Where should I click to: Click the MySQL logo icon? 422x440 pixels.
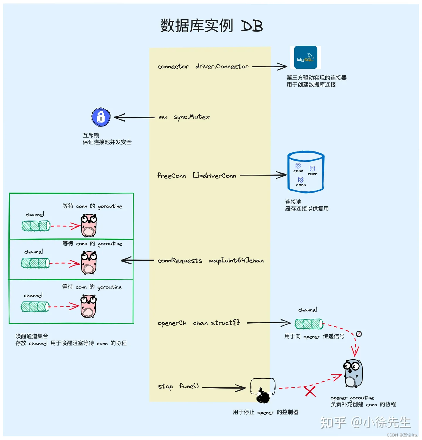305,57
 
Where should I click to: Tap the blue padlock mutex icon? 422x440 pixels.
101,117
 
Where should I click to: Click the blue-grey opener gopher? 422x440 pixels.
353,373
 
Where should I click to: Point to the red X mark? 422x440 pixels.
310,391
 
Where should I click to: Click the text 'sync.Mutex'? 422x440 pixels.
192,117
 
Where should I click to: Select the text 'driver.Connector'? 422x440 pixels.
222,67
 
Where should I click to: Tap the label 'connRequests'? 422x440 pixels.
180,261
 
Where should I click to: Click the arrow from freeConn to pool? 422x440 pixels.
263,175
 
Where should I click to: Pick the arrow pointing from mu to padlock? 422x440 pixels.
134,117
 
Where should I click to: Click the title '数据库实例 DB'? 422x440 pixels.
211,26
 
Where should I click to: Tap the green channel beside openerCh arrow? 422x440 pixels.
309,324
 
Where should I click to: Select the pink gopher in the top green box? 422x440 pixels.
89,225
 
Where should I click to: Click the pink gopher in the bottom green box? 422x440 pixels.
88,306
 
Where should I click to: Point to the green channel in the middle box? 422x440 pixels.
35,263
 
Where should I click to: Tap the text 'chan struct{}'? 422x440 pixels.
216,323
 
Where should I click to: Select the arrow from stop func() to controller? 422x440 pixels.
224,388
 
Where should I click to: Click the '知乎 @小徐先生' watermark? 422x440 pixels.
365,423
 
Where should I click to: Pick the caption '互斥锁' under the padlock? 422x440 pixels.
91,135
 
